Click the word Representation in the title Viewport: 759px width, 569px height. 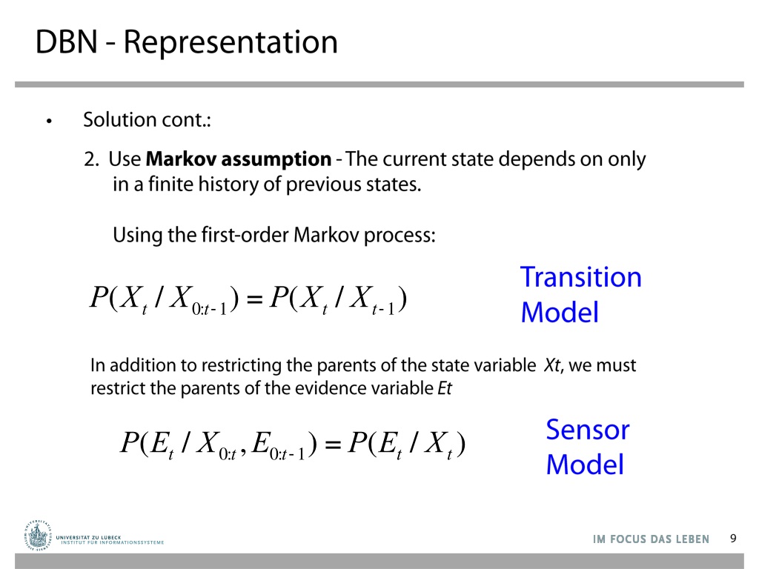pyautogui.click(x=231, y=43)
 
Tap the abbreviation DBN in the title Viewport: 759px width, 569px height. pyautogui.click(x=67, y=42)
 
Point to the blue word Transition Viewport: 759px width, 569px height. pyautogui.click(x=581, y=277)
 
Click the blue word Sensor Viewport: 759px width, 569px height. pyautogui.click(x=588, y=430)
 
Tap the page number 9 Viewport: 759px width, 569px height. pyautogui.click(x=733, y=539)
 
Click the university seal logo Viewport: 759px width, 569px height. pyautogui.click(x=37, y=535)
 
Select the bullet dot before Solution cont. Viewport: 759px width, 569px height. pyautogui.click(x=49, y=122)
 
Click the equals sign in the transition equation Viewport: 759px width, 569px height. pyautogui.click(x=255, y=299)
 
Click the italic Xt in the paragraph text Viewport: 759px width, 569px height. pyautogui.click(x=552, y=365)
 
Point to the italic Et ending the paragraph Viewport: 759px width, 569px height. pyautogui.click(x=445, y=388)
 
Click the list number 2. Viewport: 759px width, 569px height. pyautogui.click(x=91, y=159)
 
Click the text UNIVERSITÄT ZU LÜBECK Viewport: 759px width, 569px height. pyautogui.click(x=89, y=537)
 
